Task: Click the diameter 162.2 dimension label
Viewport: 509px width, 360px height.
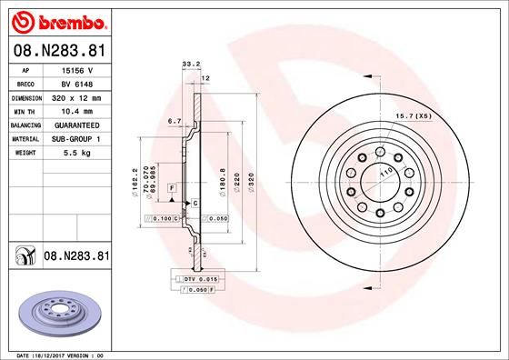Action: pyautogui.click(x=135, y=180)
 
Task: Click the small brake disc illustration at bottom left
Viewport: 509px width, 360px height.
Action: pyautogui.click(x=56, y=316)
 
